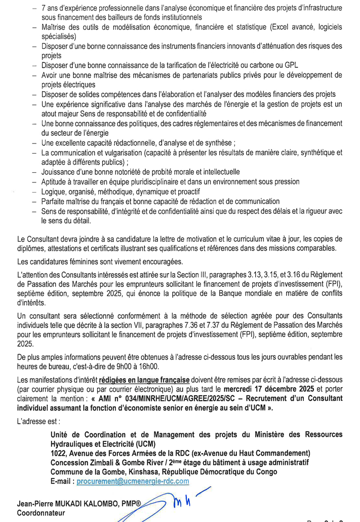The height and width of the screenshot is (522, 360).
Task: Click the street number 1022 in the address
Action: coord(61,453)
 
